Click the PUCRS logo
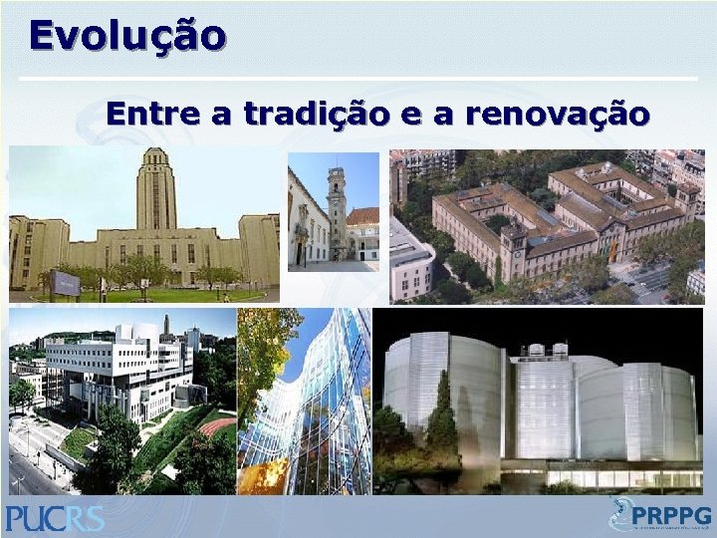(55, 517)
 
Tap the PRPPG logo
(662, 516)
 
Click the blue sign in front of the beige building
(66, 284)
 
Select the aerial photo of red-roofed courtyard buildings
(547, 226)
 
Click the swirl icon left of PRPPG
(623, 514)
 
